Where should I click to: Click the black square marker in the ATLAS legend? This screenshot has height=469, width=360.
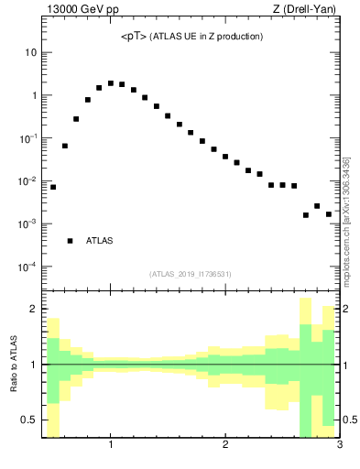tap(70, 241)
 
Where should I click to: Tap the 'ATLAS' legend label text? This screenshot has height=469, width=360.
tap(99, 241)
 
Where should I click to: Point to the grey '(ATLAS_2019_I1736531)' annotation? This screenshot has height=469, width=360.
tap(191, 274)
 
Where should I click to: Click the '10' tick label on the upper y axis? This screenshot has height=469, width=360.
tap(30, 52)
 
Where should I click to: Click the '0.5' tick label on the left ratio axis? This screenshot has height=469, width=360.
tap(28, 420)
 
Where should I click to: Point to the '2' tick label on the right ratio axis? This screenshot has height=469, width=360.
tap(347, 310)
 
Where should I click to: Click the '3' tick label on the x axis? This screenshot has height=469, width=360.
tap(339, 446)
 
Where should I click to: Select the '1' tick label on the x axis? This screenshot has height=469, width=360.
tap(111, 446)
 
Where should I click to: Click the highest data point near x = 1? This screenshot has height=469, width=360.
tap(111, 83)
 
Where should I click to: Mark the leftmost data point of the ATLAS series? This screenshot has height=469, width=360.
tap(53, 187)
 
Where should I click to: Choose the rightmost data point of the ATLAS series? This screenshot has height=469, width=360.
tap(328, 214)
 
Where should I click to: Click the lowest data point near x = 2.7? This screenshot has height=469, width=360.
tap(306, 215)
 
